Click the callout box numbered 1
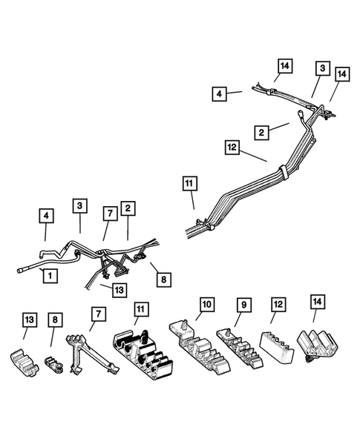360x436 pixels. click(x=50, y=276)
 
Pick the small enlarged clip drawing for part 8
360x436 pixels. click(x=53, y=364)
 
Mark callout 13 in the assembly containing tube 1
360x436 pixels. click(x=120, y=290)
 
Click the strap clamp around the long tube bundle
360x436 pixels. click(x=284, y=174)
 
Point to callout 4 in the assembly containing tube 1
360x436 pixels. click(x=47, y=217)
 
